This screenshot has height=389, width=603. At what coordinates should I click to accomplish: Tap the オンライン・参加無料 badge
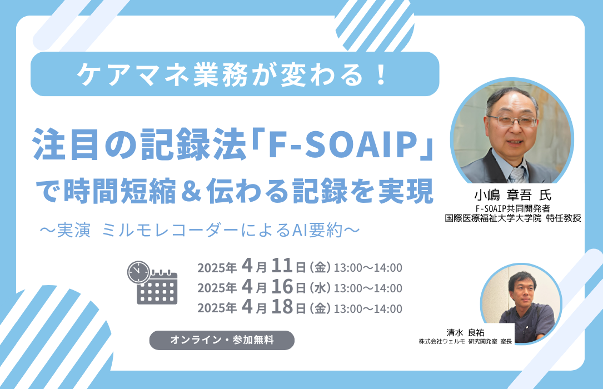[x=222, y=340]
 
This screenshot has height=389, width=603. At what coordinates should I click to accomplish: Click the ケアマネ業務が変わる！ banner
[x=235, y=74]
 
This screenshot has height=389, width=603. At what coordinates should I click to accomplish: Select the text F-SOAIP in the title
[x=343, y=144]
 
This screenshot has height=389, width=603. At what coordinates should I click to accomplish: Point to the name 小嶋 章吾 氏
[x=512, y=195]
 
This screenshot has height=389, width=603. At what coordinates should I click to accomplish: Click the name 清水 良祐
[x=465, y=332]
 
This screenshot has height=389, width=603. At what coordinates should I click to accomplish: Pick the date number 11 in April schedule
[x=282, y=266]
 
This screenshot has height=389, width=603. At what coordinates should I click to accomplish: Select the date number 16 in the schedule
[x=282, y=286]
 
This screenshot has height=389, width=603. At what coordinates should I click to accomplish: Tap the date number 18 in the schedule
[x=282, y=307]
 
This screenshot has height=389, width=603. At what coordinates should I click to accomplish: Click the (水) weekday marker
[x=320, y=288]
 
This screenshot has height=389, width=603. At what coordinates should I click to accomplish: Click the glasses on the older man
[x=512, y=121]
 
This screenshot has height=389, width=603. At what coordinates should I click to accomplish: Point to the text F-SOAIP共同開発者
[x=512, y=208]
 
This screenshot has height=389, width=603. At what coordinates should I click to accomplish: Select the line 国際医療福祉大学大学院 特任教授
[x=512, y=218]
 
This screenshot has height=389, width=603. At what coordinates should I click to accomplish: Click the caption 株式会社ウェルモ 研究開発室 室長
[x=465, y=341]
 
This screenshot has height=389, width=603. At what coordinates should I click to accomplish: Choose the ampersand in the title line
[x=191, y=191]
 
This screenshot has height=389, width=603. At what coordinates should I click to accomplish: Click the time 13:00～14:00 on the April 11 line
[x=368, y=267]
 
